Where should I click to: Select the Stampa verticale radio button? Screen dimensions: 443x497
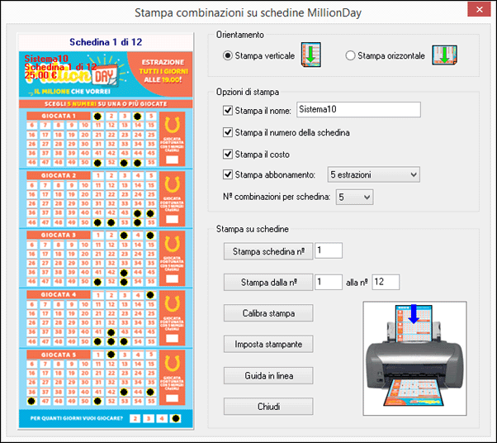229,55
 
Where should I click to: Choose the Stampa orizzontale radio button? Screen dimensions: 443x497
351,55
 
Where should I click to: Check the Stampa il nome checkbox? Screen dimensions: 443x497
229,110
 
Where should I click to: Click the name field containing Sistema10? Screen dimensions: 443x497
357,110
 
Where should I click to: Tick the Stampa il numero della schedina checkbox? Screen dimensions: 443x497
229,132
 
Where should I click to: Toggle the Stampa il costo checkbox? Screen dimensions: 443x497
229,154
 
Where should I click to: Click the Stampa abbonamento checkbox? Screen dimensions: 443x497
229,174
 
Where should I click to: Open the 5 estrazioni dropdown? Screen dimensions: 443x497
373,174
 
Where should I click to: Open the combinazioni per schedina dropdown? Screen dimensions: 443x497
354,197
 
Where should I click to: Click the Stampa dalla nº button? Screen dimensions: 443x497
268,282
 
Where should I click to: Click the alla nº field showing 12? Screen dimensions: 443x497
385,282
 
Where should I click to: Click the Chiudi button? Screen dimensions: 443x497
268,406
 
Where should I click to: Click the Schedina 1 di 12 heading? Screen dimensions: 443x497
105,41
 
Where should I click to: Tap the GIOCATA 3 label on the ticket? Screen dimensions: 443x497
59,235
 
